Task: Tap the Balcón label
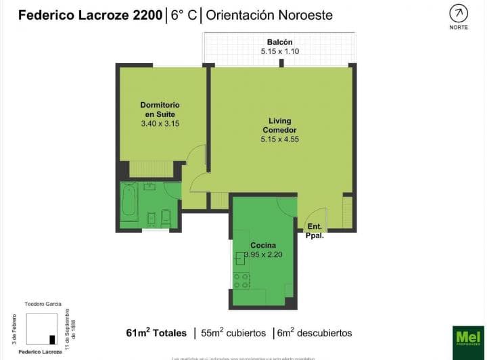point(279,42)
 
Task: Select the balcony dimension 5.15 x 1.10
point(279,51)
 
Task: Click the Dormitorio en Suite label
point(160,110)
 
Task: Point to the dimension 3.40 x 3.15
point(160,124)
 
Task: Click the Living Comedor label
point(279,125)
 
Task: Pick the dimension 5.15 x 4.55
point(279,139)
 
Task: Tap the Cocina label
point(262,245)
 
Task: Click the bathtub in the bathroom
point(129,200)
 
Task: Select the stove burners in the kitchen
point(241,280)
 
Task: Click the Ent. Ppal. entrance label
point(315,231)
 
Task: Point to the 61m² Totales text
point(156,333)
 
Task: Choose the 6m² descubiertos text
point(315,333)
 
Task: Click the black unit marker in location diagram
point(52,340)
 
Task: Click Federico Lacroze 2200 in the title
point(90,15)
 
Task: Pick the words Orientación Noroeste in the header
point(269,15)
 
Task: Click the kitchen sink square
point(240,258)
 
